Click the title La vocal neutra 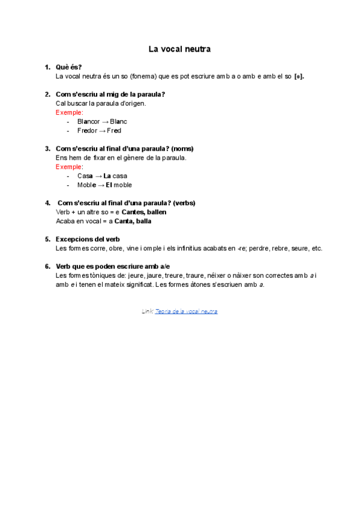pos(179,49)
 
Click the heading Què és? pos(68,67)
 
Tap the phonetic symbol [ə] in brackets pos(299,76)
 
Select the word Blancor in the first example pos(88,121)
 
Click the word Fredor pos(87,130)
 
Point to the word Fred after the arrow pos(113,130)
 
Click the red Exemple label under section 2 pos(69,112)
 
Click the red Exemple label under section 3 pos(69,167)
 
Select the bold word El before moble pos(110,185)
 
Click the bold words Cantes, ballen pos(144,212)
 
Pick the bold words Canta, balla pos(133,221)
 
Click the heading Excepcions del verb pos(88,239)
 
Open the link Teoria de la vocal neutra pos(186,312)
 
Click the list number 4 pos(47,203)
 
